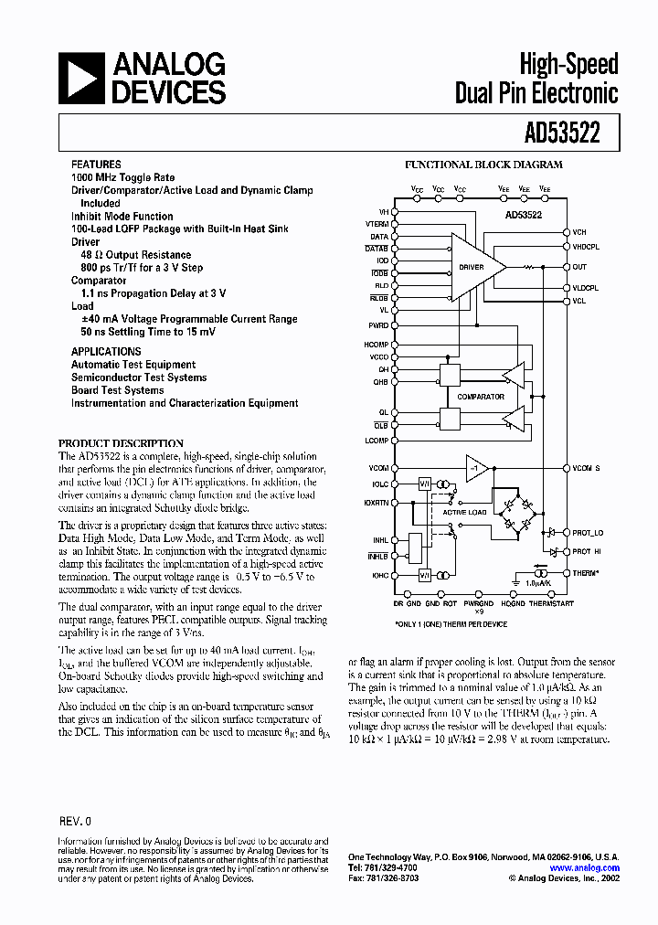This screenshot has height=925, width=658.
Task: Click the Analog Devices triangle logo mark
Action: tap(81, 79)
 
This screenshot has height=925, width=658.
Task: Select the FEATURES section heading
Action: tap(96, 165)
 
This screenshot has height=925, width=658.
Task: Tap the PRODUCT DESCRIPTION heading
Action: tap(122, 443)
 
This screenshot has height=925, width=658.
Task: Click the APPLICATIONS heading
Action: tap(106, 352)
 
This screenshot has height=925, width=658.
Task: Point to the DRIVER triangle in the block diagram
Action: tap(475, 267)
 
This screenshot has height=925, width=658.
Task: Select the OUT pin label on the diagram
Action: tap(579, 267)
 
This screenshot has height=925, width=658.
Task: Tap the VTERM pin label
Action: tap(377, 224)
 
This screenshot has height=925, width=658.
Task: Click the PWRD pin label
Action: tap(378, 324)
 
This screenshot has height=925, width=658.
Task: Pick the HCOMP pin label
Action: tap(377, 344)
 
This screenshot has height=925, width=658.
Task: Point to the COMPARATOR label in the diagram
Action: tap(481, 397)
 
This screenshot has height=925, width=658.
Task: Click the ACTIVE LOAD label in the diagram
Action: tap(465, 513)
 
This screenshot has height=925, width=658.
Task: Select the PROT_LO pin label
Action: tap(588, 533)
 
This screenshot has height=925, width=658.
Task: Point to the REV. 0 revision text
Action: tap(76, 822)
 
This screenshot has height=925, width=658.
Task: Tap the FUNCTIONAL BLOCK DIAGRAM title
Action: tap(483, 165)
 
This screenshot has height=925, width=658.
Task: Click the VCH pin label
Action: tap(579, 232)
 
